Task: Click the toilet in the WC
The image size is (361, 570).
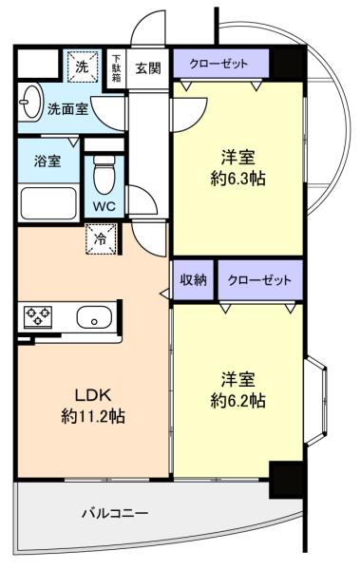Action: pyautogui.click(x=104, y=175)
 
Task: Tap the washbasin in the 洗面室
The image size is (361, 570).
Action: pyautogui.click(x=30, y=103)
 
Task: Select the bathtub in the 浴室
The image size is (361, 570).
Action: pyautogui.click(x=48, y=203)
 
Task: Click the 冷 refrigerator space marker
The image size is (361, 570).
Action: pyautogui.click(x=101, y=238)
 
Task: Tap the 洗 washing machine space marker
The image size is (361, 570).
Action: pyautogui.click(x=83, y=66)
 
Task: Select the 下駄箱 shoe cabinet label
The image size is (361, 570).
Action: pyautogui.click(x=116, y=68)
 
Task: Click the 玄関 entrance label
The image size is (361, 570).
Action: pyautogui.click(x=148, y=68)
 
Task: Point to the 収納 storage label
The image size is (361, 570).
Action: pyautogui.click(x=194, y=279)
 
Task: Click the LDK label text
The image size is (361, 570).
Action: pyautogui.click(x=92, y=395)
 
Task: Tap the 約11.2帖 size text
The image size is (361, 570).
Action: pyautogui.click(x=93, y=416)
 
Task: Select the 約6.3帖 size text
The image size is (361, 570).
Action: pyautogui.click(x=237, y=179)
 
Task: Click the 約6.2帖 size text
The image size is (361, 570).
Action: pyautogui.click(x=237, y=400)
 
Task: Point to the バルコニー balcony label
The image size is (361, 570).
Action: pyautogui.click(x=115, y=513)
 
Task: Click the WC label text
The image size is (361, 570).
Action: pyautogui.click(x=104, y=206)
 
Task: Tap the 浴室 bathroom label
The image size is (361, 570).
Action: pyautogui.click(x=47, y=161)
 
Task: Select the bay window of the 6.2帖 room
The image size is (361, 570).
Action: pyautogui.click(x=315, y=401)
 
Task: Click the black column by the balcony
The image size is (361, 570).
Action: pyautogui.click(x=286, y=480)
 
